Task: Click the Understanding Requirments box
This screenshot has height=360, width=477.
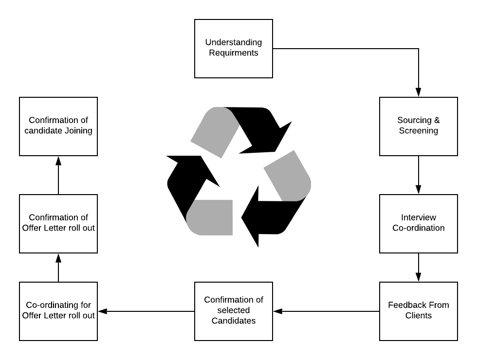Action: pos(234,49)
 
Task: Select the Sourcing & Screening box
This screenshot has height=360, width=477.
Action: pos(419,126)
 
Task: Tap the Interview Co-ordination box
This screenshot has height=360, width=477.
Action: pos(419,224)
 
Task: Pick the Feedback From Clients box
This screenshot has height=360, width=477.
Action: pos(419,311)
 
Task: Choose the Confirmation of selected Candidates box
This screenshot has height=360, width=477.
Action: pos(234,311)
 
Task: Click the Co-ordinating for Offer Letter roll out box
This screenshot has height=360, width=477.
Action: pos(58,311)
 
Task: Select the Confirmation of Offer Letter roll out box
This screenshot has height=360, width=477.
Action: pos(58,224)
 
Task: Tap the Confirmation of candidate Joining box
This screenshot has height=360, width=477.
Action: pos(58,126)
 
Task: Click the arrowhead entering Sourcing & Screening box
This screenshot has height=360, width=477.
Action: pos(419,92)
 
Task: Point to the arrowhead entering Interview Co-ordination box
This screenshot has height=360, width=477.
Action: pos(419,190)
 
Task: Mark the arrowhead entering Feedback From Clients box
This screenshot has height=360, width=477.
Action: pos(419,277)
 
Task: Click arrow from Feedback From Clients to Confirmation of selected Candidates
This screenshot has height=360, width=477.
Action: pos(326,311)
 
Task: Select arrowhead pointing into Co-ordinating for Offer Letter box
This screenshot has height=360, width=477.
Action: pos(103,311)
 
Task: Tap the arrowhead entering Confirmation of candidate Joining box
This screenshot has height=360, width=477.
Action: pos(58,161)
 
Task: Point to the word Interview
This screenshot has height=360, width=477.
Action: pos(419,217)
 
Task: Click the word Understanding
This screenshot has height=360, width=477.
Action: pos(234,43)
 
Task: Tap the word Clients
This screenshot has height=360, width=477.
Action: pos(419,316)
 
